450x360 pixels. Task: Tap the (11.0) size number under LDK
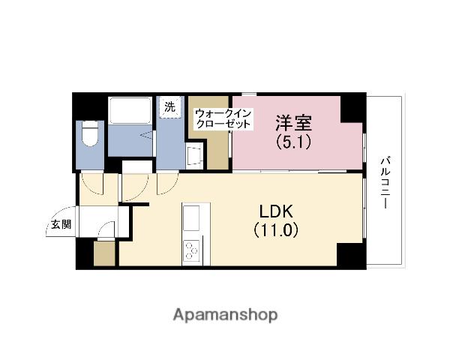pos(276,230)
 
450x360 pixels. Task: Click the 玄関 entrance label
pos(61,223)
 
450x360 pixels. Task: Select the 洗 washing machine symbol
pos(170,107)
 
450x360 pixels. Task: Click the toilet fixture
pos(91,136)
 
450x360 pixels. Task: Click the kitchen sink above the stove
pos(190,220)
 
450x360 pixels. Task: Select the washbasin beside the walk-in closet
pos(193,156)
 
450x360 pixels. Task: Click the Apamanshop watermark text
pos(225,313)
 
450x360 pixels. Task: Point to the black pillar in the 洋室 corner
pos(351,108)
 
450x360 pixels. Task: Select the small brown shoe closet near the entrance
pos(104,254)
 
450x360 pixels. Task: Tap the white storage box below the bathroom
pos(137,166)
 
